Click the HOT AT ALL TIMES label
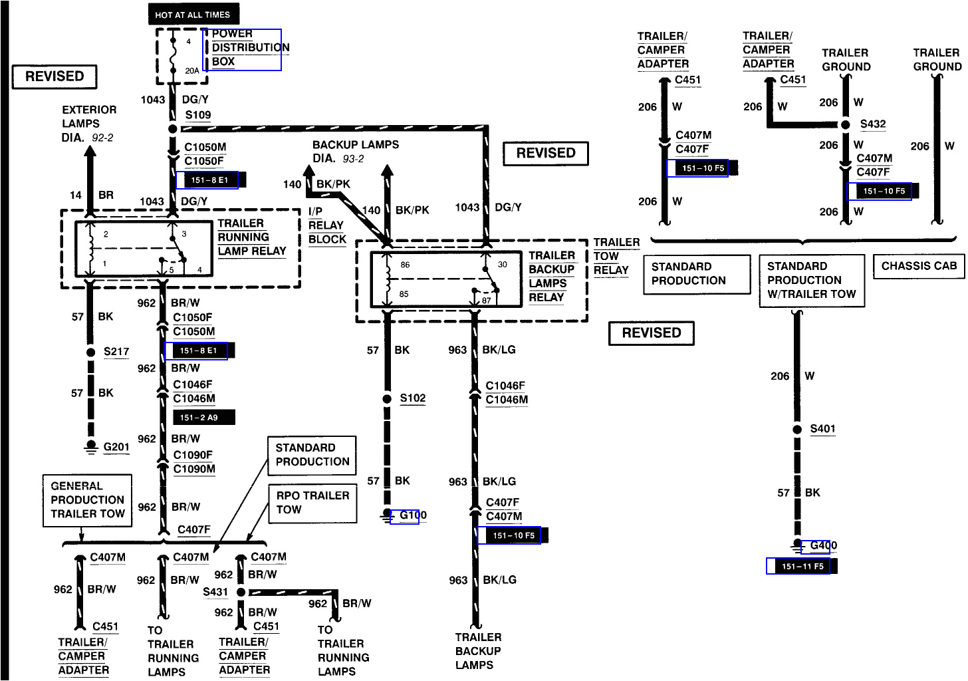coord(193,15)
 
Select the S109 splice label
coord(198,114)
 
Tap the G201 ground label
coord(116,447)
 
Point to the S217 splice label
coord(116,352)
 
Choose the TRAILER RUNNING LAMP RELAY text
coord(251,237)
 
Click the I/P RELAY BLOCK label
coord(326,225)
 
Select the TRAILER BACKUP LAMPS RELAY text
coord(551,276)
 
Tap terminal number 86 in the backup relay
coord(405,265)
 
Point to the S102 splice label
coord(412,398)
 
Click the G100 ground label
coord(412,515)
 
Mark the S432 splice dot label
coord(872,124)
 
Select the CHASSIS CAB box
coord(919,266)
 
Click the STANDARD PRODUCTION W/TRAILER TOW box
coord(811,280)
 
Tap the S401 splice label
coord(822,429)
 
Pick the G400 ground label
coord(823,546)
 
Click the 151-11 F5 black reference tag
coord(802,567)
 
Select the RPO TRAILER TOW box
coord(312,503)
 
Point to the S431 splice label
coord(215,592)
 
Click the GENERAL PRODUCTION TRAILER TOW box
coord(87,500)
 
